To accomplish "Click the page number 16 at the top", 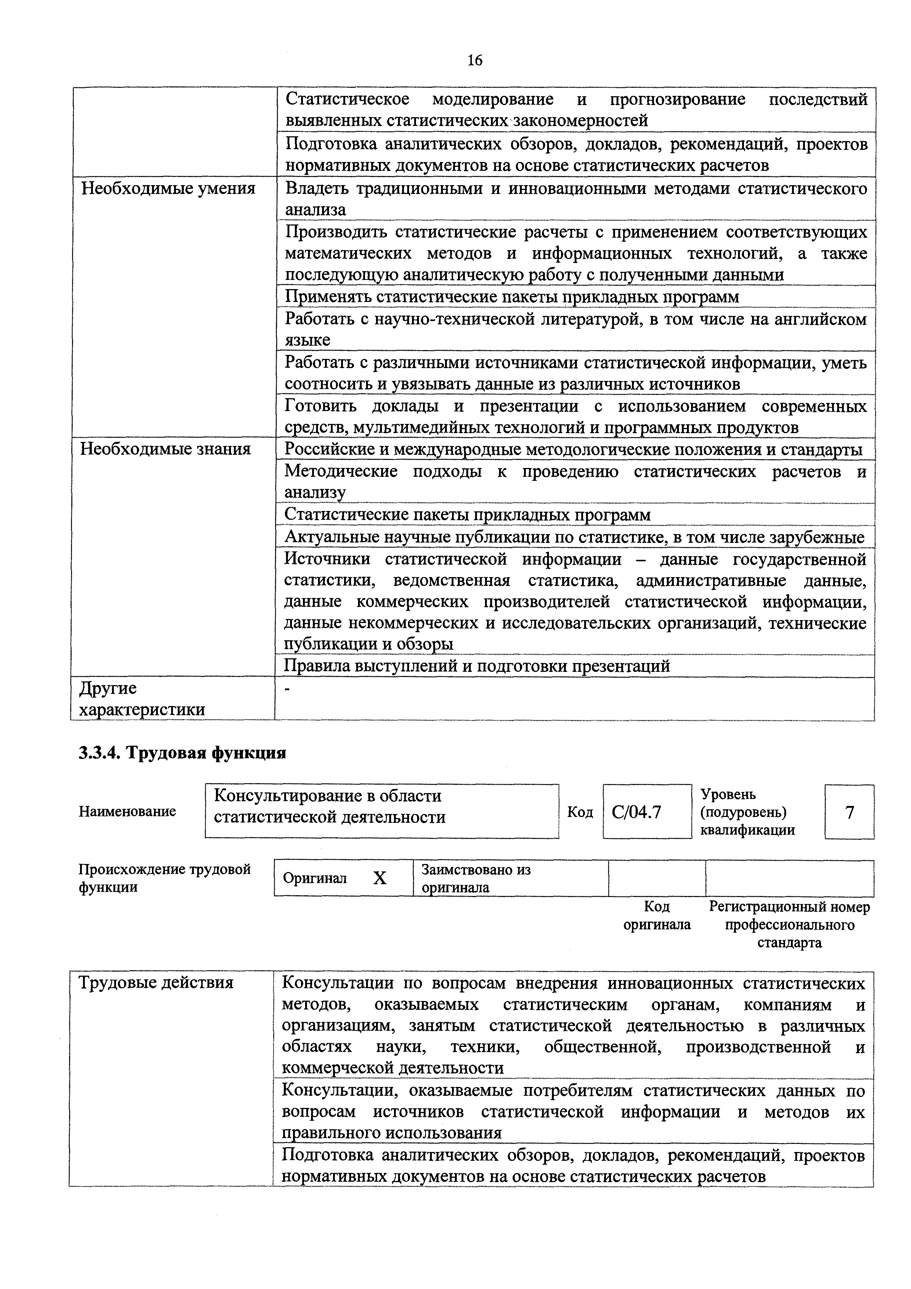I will [474, 60].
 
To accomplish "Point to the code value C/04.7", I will [636, 812].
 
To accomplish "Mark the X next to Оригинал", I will [380, 878].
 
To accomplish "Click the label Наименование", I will [127, 811].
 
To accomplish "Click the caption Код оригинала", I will [657, 916].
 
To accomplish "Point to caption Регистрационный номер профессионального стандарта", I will [789, 925].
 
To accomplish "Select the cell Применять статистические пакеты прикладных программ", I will [511, 296].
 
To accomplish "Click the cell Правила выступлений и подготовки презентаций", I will [477, 666].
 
